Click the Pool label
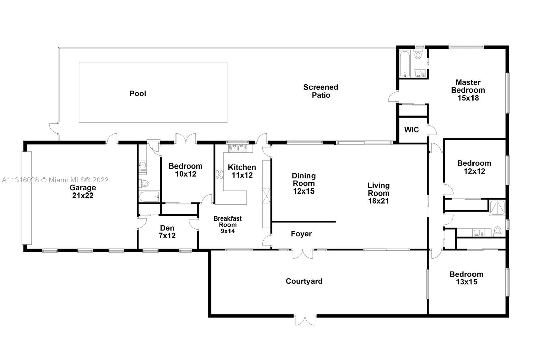(x=138, y=94)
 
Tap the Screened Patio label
(x=321, y=91)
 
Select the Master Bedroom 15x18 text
(x=468, y=90)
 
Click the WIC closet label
(x=411, y=130)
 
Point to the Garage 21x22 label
(x=83, y=191)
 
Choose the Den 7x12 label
(x=167, y=232)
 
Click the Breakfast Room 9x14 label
(x=227, y=225)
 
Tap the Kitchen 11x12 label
(x=242, y=171)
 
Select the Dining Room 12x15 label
(x=303, y=183)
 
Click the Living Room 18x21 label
(x=378, y=193)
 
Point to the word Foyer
(x=301, y=234)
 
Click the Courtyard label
(x=304, y=281)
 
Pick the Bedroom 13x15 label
(x=466, y=278)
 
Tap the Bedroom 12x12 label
(x=474, y=167)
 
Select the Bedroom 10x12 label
(x=186, y=170)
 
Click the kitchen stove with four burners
(x=219, y=174)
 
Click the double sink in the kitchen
(x=238, y=148)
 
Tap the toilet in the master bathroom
(x=418, y=54)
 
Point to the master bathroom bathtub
(x=405, y=63)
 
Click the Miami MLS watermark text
(x=55, y=180)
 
